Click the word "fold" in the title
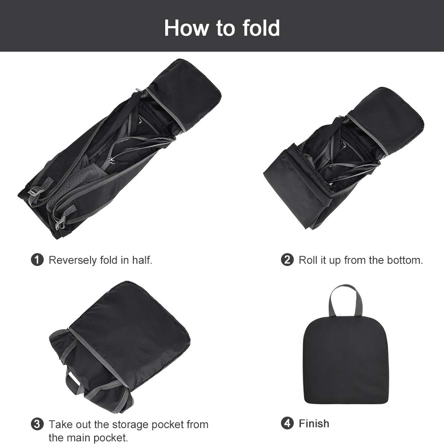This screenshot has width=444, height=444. (261, 28)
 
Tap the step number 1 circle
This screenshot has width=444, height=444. (38, 260)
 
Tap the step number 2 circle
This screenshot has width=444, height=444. (287, 260)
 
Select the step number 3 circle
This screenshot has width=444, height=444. (38, 425)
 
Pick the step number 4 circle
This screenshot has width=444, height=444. (287, 423)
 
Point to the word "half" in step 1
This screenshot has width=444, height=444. (141, 260)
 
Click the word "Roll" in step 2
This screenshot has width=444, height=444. (307, 260)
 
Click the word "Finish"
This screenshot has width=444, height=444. (314, 423)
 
